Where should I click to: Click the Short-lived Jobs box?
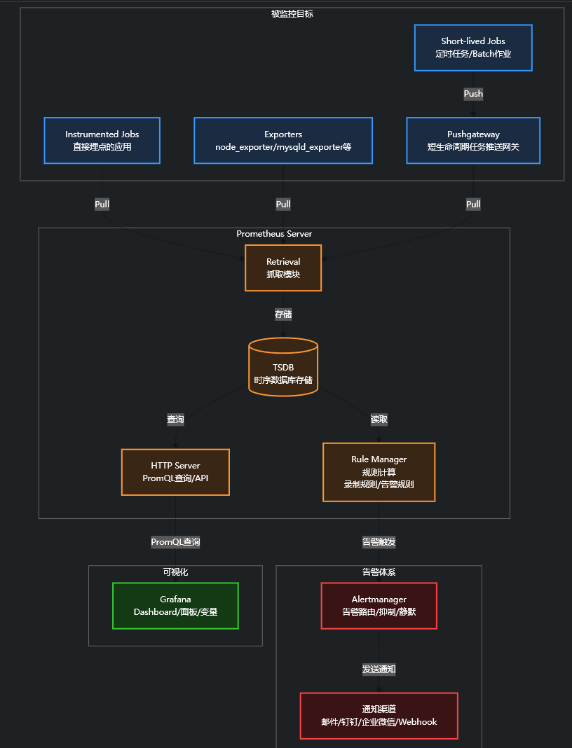[473, 48]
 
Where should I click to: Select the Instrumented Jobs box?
[102, 140]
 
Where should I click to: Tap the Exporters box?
[283, 140]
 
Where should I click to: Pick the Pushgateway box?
[473, 140]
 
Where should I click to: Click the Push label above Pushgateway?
[473, 94]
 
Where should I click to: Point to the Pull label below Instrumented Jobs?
[102, 205]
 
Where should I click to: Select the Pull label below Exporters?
[283, 205]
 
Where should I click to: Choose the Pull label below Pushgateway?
[473, 205]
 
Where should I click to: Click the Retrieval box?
[283, 268]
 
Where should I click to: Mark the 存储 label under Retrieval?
[283, 314]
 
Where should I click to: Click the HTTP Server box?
[175, 472]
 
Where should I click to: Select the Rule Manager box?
[379, 472]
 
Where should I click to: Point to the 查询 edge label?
[175, 420]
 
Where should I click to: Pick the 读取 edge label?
[379, 420]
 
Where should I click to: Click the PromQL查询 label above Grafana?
[175, 542]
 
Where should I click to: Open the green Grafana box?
[175, 606]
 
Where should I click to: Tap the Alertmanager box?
[379, 606]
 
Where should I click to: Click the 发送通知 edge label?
[379, 670]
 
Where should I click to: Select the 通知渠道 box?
[379, 716]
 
